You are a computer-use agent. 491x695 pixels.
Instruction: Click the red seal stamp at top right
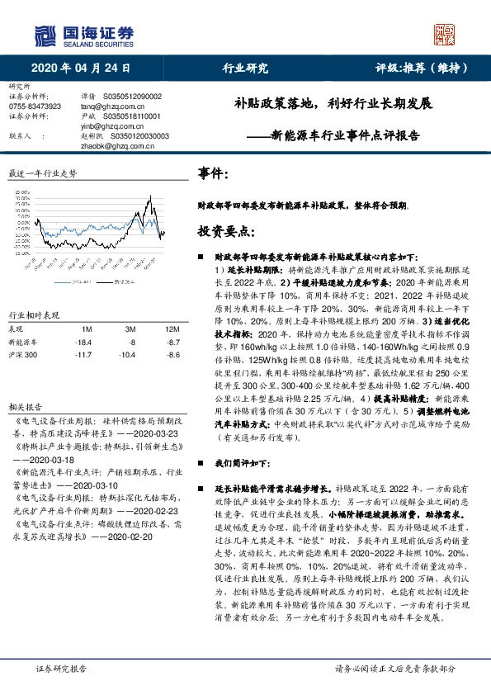click(x=446, y=34)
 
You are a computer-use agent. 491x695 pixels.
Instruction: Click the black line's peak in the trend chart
click(x=150, y=195)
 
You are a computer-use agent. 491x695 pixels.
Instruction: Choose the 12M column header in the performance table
click(x=162, y=328)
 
